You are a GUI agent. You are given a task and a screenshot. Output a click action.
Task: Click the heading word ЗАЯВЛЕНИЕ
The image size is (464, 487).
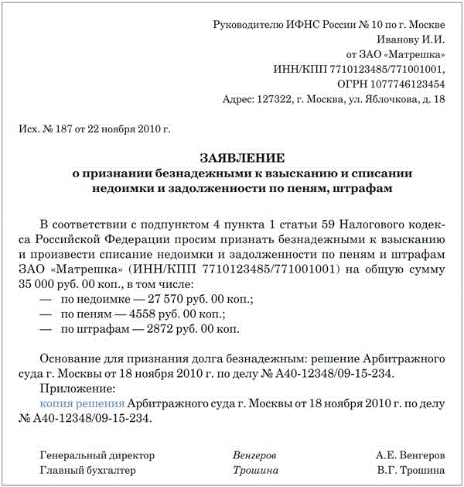pyautogui.click(x=232, y=156)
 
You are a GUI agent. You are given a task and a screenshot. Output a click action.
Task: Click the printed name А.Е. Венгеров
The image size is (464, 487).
pyautogui.click(x=410, y=455)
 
